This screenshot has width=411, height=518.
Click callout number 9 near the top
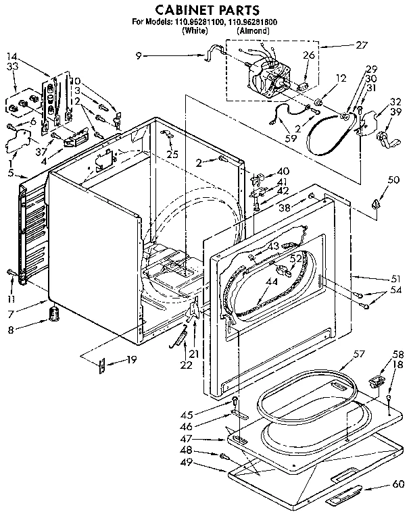click(x=139, y=56)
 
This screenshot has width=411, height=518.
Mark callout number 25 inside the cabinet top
click(x=172, y=155)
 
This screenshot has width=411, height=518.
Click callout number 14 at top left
click(x=11, y=57)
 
